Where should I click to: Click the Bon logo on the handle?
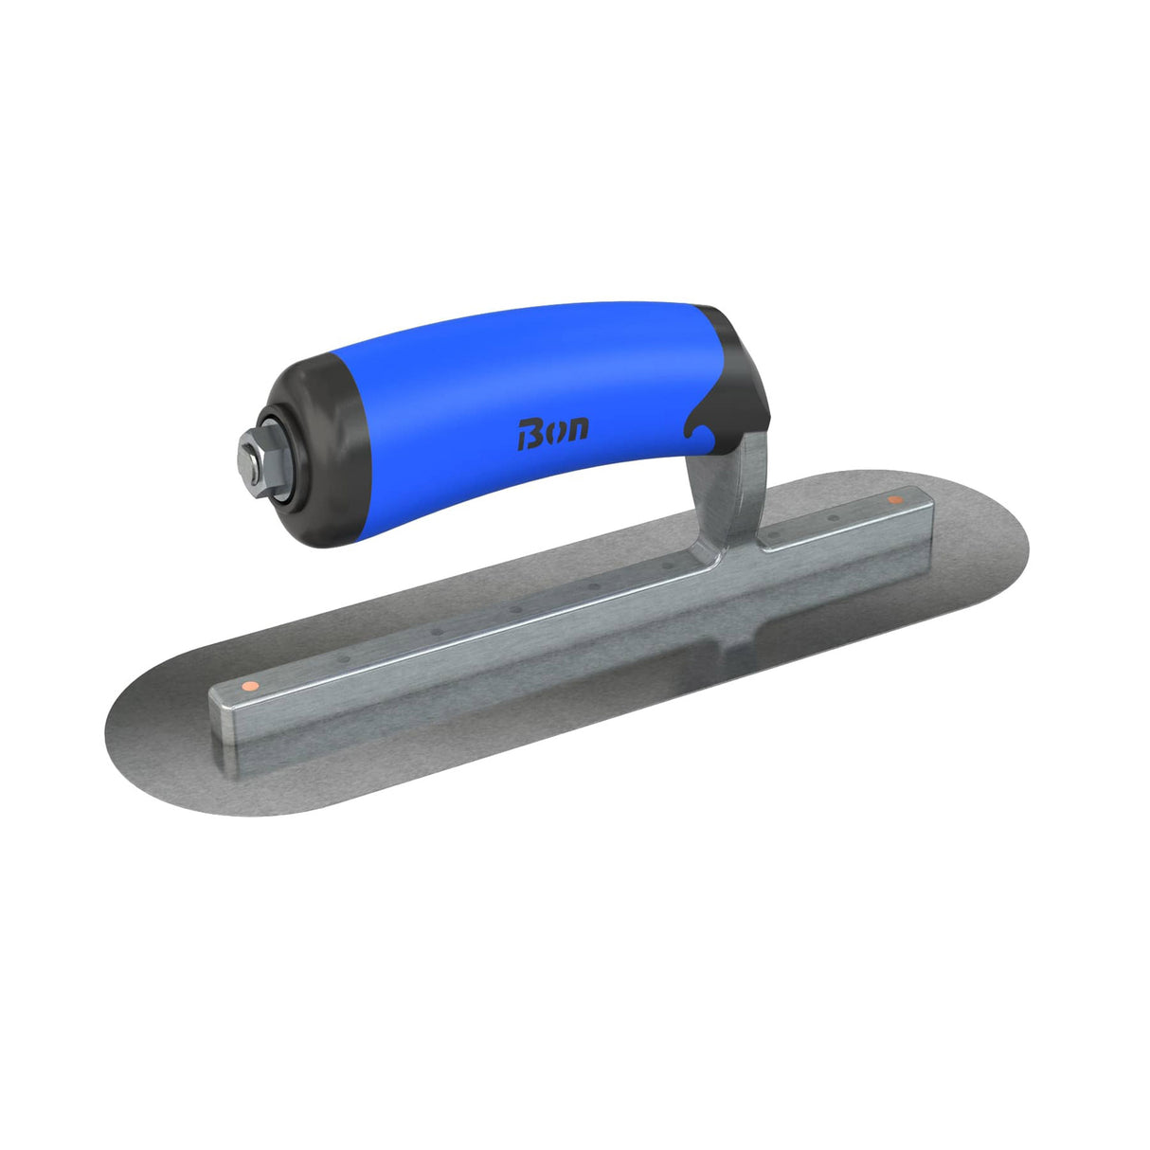point(553,431)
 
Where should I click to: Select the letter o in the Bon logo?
point(554,432)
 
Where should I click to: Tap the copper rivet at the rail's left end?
point(247,684)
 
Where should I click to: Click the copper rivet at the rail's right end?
point(892,499)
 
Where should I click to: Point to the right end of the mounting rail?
point(924,516)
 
